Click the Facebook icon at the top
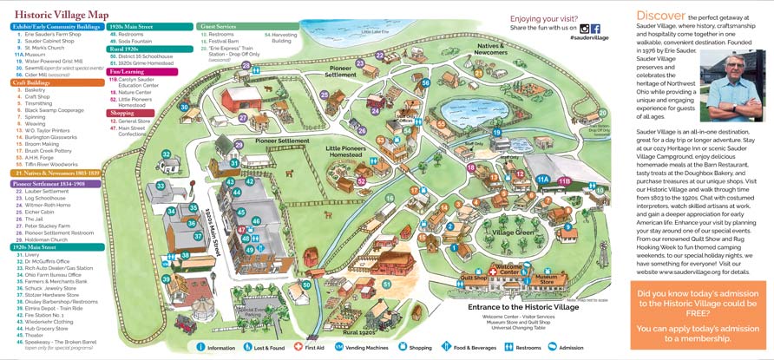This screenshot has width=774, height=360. pos(595,28)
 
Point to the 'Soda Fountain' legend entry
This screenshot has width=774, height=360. pos(138,40)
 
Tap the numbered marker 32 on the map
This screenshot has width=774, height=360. pos(166,155)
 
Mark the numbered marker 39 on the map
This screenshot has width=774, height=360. pos(166,278)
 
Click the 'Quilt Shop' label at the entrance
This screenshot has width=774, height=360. pos(474,278)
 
